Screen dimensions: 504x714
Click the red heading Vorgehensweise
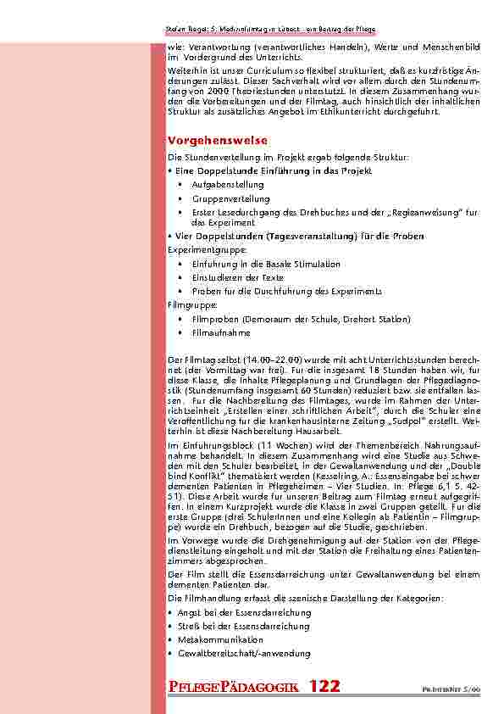tap(218, 139)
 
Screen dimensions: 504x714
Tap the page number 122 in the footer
tap(324, 687)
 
